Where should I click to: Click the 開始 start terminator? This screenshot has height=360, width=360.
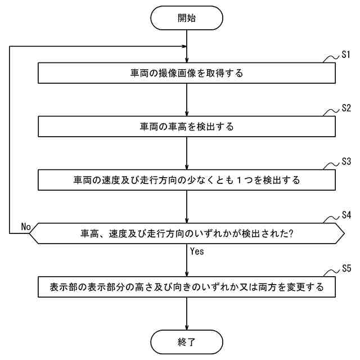(187, 19)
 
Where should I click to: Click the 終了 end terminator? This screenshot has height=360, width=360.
(187, 341)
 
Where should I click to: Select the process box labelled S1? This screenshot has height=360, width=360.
(187, 73)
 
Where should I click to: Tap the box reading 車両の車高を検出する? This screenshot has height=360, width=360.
(187, 127)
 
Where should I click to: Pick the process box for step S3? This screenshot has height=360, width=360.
(187, 180)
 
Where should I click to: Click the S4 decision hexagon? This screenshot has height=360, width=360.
(187, 233)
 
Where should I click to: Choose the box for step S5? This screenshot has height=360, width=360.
(187, 287)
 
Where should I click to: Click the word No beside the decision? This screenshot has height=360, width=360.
(26, 226)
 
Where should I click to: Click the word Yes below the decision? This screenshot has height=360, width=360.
(197, 251)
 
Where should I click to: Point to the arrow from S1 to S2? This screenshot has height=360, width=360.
(187, 100)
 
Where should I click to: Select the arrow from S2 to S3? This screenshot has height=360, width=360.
(187, 154)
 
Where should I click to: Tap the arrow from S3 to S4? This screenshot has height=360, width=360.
(187, 206)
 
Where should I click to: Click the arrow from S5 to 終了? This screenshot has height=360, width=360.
(187, 313)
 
